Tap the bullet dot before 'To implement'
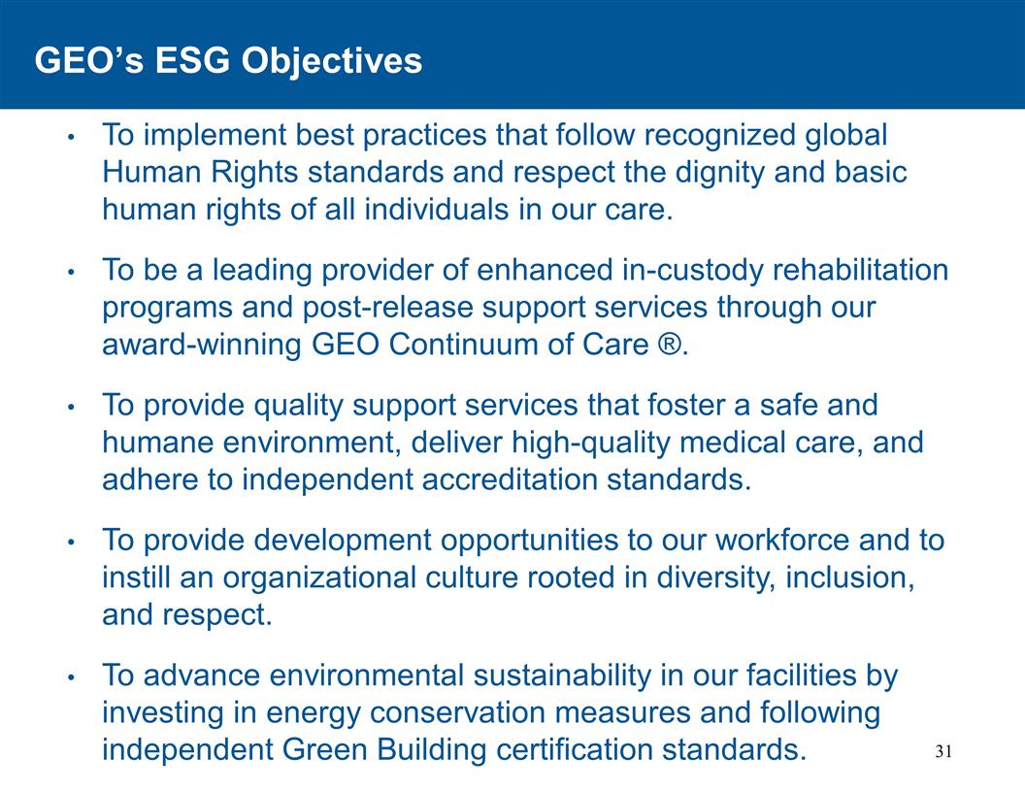click(70, 137)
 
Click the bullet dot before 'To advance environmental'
click(70, 676)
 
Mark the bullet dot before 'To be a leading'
click(70, 272)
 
